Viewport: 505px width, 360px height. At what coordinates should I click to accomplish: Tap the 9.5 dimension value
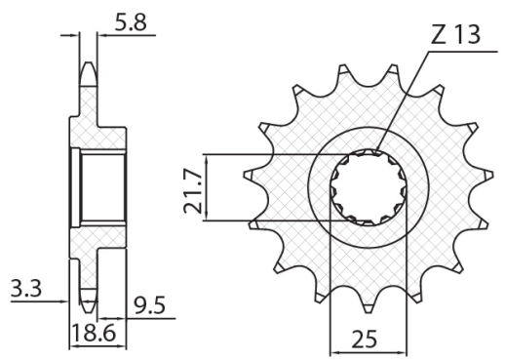tap(148, 307)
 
